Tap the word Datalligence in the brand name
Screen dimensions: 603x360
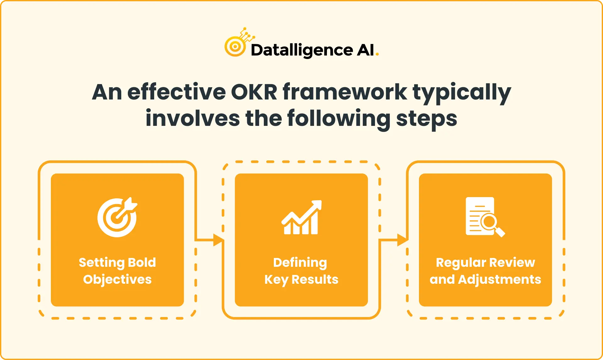(x=301, y=51)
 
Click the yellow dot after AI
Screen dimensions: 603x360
(x=377, y=55)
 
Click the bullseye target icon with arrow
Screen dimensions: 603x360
(x=117, y=217)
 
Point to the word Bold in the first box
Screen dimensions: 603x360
(x=142, y=262)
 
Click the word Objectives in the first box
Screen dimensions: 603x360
(x=117, y=280)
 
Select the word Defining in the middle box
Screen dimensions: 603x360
(x=300, y=263)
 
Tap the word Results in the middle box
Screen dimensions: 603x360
(x=315, y=279)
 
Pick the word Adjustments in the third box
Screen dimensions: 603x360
(x=500, y=280)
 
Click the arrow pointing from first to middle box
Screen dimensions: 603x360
(x=209, y=240)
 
